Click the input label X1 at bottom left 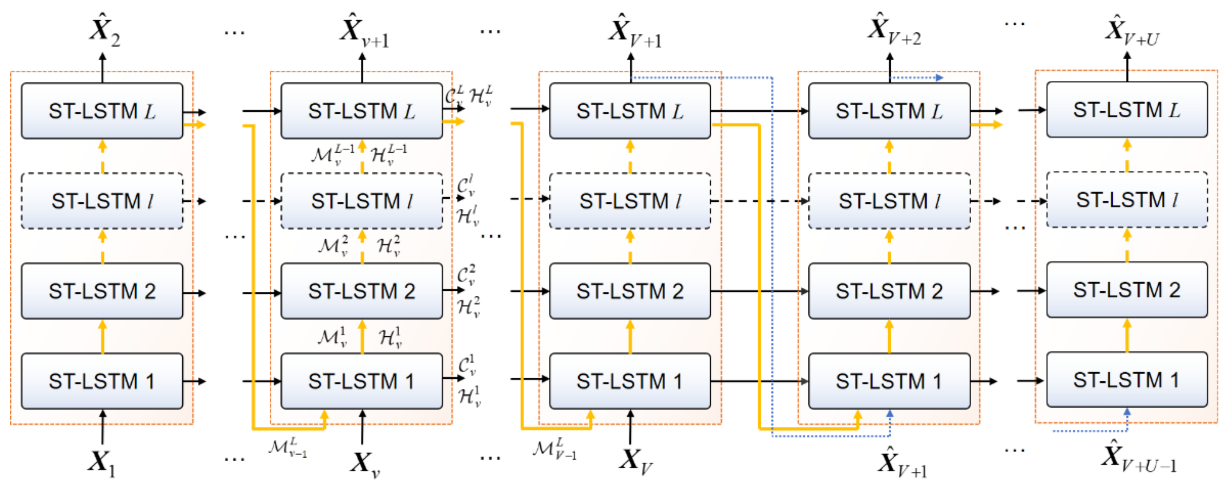pyautogui.click(x=101, y=462)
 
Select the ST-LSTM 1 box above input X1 pyautogui.click(x=102, y=381)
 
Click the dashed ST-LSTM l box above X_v pyautogui.click(x=361, y=201)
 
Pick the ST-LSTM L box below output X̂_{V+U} pyautogui.click(x=1126, y=110)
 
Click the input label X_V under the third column pyautogui.click(x=634, y=461)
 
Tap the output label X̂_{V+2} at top pyautogui.click(x=893, y=30)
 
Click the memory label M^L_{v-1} pyautogui.click(x=287, y=448)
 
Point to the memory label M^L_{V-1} pyautogui.click(x=553, y=449)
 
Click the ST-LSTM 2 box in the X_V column pyautogui.click(x=629, y=291)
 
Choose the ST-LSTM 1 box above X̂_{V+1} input pyautogui.click(x=889, y=381)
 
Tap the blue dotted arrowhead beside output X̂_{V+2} pyautogui.click(x=940, y=77)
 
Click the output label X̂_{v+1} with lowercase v pyautogui.click(x=364, y=31)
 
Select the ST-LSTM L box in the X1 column pyautogui.click(x=102, y=111)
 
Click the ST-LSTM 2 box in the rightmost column pyautogui.click(x=1126, y=290)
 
